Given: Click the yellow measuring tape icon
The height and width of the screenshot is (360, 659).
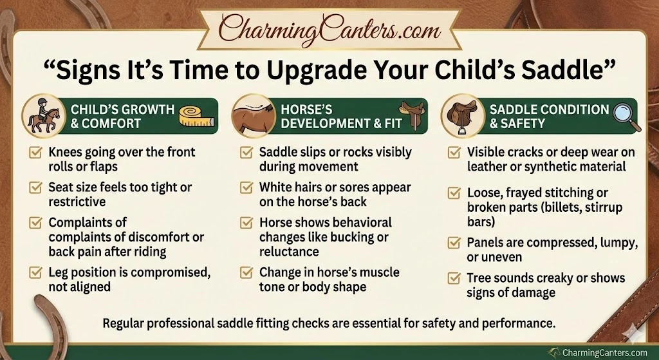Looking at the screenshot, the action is tap(197, 116).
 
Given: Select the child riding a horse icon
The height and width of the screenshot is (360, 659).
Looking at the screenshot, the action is tap(43, 116).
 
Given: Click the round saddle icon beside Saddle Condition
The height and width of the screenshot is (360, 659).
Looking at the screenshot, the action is tap(463, 116).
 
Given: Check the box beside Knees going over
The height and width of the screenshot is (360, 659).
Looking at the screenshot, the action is tap(35, 152).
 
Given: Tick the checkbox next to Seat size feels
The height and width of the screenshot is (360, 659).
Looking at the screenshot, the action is tap(35, 187).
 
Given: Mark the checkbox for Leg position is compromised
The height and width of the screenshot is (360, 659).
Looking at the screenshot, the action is tap(35, 272).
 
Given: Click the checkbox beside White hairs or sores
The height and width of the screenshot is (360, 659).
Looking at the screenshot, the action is tap(246, 187).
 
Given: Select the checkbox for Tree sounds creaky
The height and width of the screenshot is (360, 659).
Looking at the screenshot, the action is tap(454, 278).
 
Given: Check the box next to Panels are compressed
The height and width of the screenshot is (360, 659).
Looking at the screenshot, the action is tap(454, 243).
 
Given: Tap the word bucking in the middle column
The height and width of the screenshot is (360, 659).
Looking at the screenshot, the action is tap(351, 237).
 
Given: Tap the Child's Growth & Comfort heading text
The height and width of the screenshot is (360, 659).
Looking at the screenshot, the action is tap(122, 117).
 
